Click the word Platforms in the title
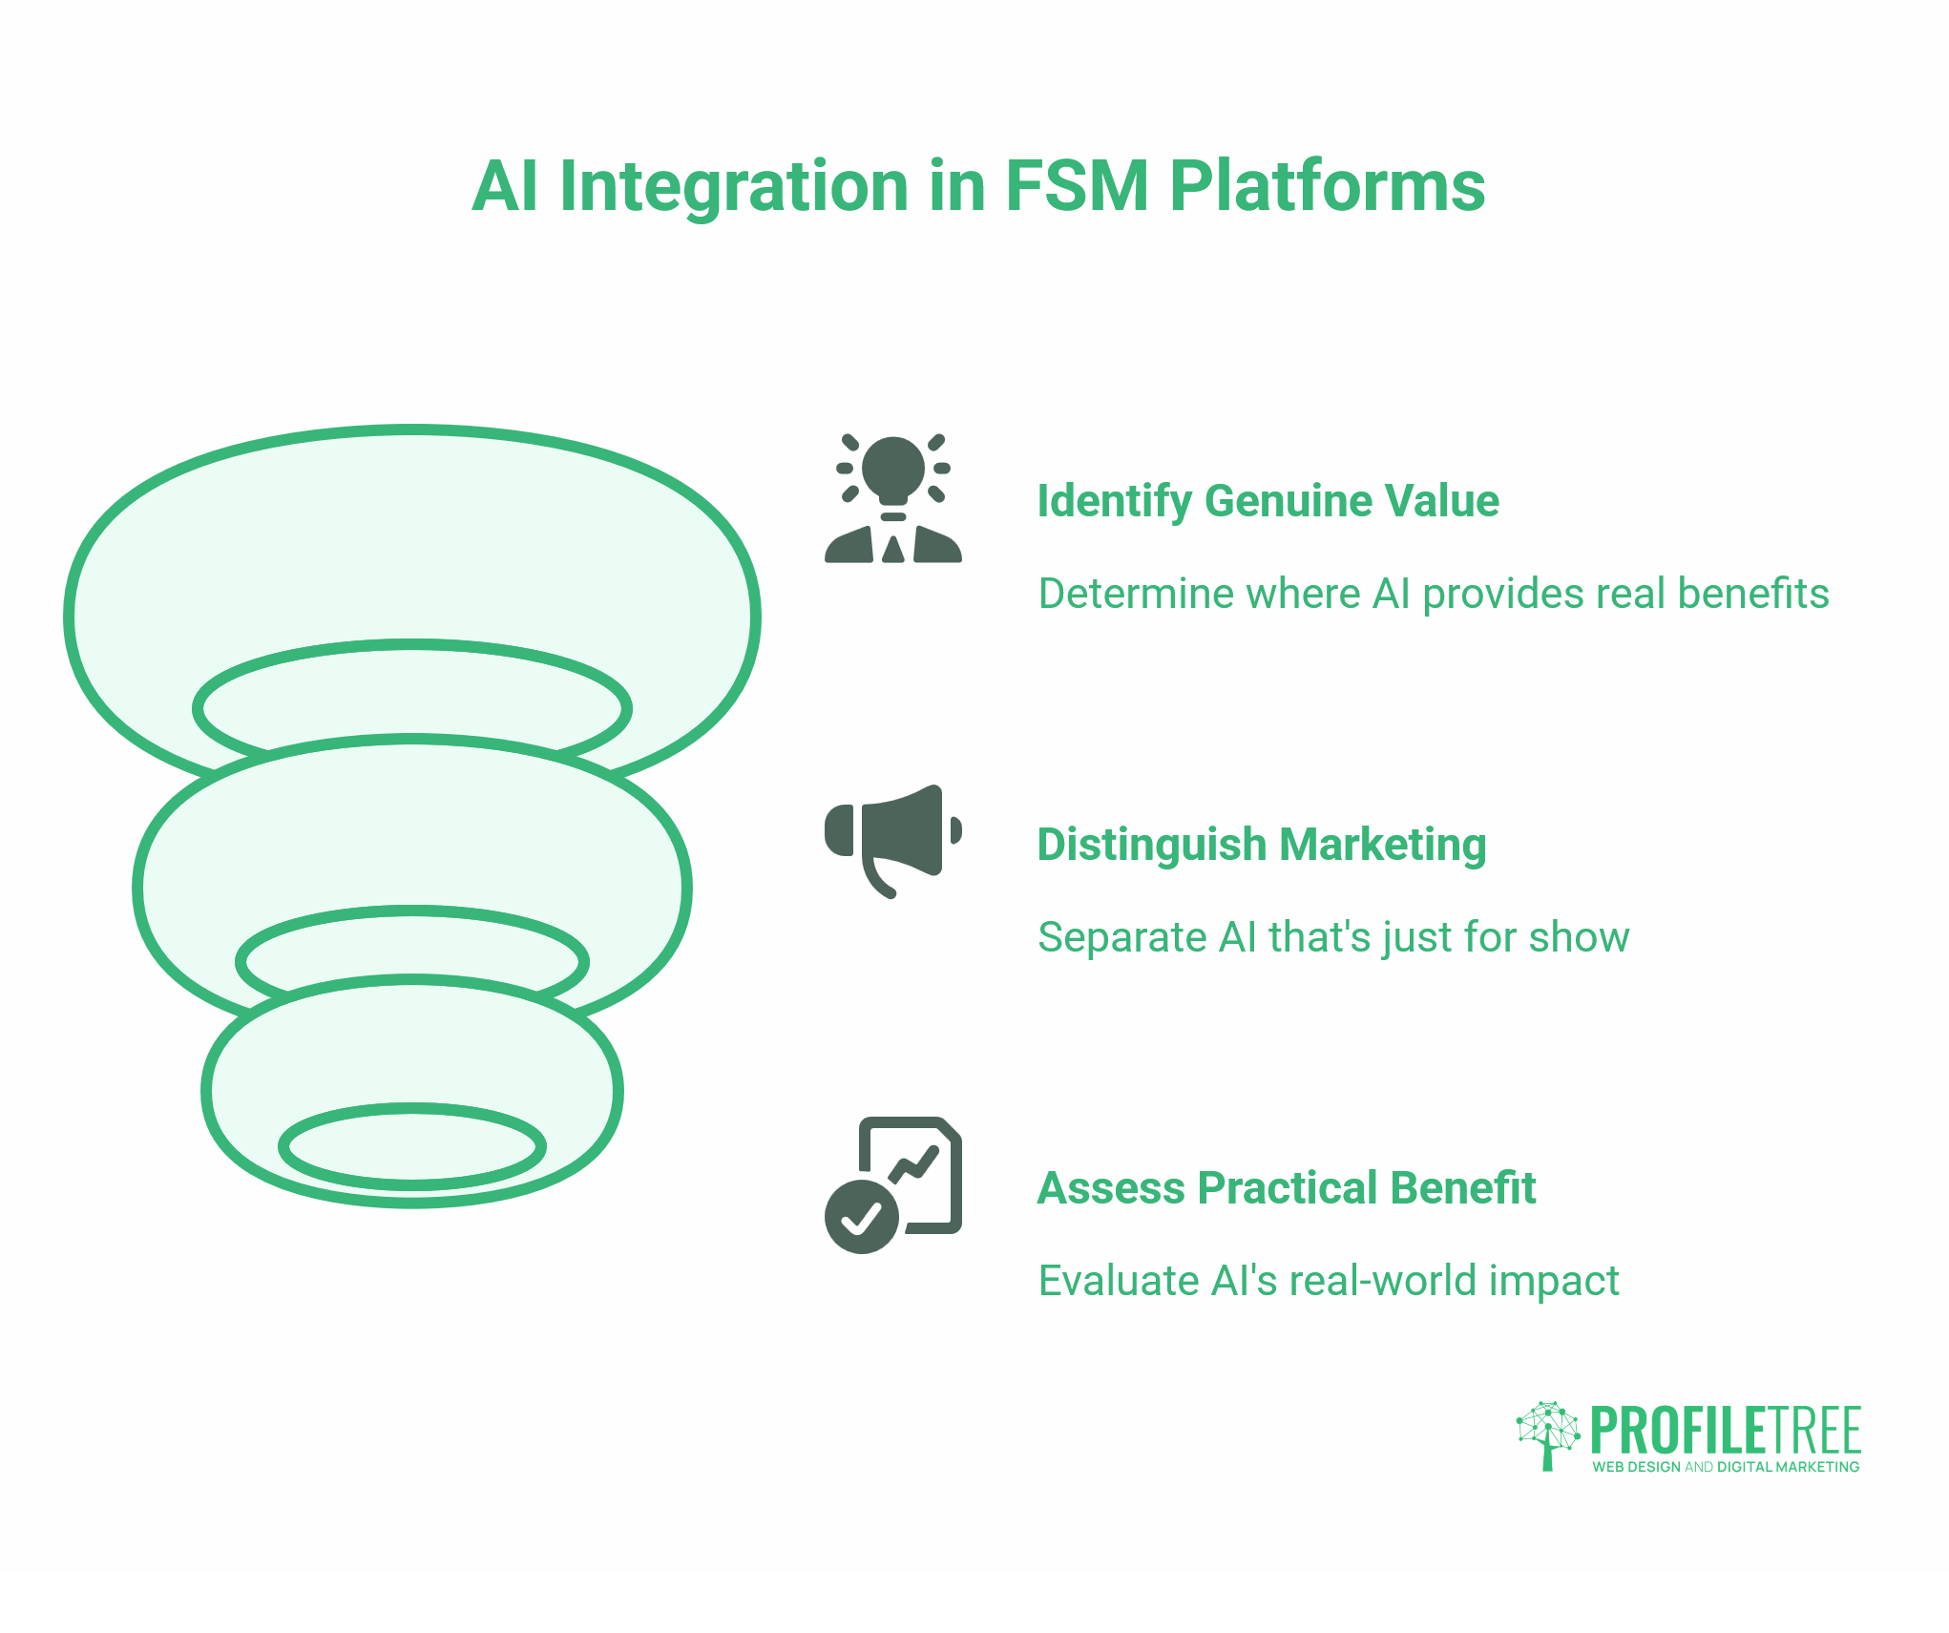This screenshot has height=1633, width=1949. (x=1327, y=186)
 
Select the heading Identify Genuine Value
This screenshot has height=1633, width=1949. (x=1268, y=501)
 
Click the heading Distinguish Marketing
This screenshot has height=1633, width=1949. (x=1261, y=845)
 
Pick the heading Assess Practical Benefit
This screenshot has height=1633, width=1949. (x=1286, y=1188)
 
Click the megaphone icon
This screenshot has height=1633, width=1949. (x=892, y=840)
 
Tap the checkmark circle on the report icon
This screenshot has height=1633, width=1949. (x=861, y=1216)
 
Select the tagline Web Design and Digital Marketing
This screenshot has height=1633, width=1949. (x=1725, y=1467)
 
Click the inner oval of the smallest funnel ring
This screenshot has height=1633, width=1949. (x=412, y=1146)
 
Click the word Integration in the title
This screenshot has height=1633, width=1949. (x=733, y=186)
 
